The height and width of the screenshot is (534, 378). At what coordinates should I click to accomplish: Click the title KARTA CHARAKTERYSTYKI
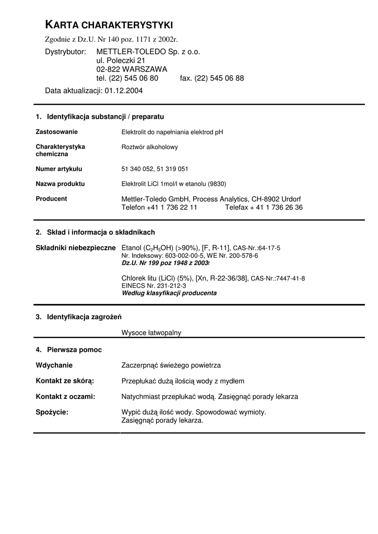point(109,25)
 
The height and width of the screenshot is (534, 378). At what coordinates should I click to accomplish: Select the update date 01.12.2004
point(123,90)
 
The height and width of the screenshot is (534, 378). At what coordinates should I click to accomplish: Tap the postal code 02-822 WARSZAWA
point(132,69)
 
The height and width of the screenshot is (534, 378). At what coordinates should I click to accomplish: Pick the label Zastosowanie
point(56,132)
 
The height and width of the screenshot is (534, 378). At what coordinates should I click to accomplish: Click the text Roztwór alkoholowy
point(149,147)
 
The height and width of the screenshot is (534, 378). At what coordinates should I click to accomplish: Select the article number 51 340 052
point(137,169)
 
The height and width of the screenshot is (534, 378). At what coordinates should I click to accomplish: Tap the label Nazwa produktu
point(60,184)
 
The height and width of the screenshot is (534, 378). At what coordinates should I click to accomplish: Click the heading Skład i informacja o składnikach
point(101,232)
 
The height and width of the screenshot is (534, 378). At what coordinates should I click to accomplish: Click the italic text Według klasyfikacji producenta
point(169,293)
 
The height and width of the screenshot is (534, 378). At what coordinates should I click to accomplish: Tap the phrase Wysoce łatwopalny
point(151,332)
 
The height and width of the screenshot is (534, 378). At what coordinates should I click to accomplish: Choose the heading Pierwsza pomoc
point(74,349)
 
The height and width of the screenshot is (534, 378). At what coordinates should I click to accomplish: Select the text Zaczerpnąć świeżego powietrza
point(171,365)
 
